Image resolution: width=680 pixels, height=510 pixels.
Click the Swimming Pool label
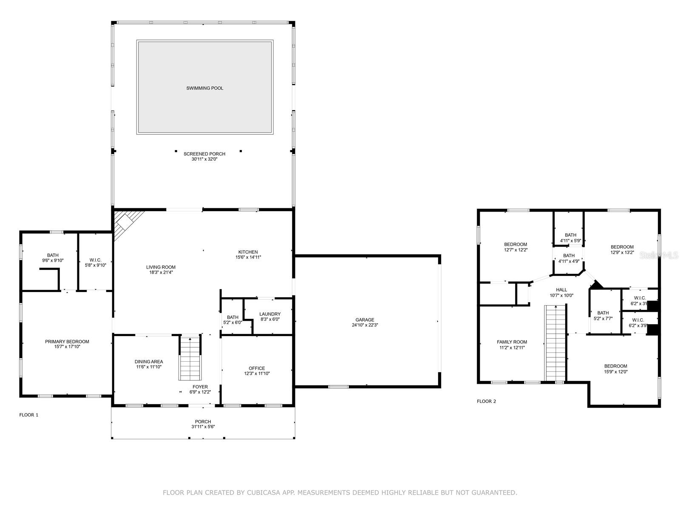point(204,88)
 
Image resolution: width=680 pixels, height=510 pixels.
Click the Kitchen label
point(248,252)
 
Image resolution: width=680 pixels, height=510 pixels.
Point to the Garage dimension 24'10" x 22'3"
point(365,325)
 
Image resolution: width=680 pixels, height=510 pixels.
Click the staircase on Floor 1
point(190,358)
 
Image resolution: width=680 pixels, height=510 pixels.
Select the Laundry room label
point(270,314)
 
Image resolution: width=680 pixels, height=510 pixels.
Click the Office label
point(257,368)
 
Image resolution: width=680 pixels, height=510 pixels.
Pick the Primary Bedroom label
point(67,342)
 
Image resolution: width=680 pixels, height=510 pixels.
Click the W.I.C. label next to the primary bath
point(96,260)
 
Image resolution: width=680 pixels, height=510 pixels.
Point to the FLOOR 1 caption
point(29,415)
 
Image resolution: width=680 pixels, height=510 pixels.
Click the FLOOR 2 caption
point(486,401)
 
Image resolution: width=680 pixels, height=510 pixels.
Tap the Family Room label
point(512,342)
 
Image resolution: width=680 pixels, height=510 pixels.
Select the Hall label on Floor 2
point(561,290)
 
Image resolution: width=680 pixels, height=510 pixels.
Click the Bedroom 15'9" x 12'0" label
point(615,366)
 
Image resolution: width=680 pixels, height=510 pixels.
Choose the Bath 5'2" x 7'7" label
point(603,313)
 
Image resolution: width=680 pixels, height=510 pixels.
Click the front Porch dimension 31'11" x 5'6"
point(203,427)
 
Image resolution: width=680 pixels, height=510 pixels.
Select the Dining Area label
point(149,362)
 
